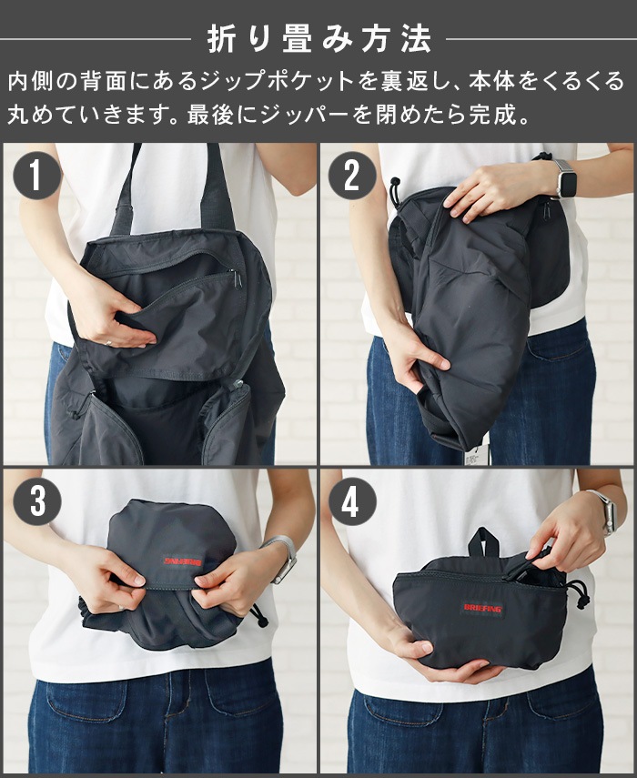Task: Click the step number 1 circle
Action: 35,175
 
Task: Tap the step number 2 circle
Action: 351,175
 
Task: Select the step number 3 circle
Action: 36,501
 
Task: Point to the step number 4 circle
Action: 350,501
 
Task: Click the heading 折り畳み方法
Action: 319,39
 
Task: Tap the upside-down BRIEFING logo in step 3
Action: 182,561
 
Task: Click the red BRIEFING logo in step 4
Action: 482,608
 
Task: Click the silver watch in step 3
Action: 284,557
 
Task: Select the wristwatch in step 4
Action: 604,512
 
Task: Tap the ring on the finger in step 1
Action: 109,342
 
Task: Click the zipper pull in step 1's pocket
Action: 237,278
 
